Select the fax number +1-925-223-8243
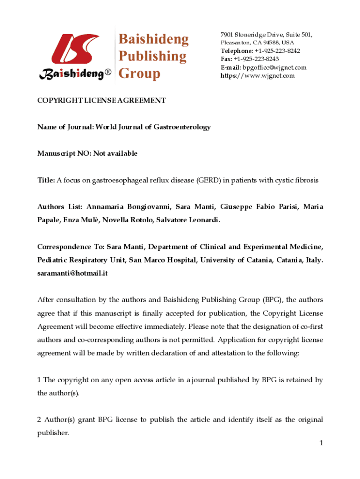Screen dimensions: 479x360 click(x=256, y=59)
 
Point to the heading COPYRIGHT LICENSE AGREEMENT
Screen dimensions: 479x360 click(x=101, y=101)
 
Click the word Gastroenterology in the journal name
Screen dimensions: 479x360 click(x=182, y=127)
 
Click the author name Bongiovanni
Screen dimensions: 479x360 click(x=144, y=207)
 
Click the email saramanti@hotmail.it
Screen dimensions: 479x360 click(x=72, y=273)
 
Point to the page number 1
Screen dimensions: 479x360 click(x=321, y=443)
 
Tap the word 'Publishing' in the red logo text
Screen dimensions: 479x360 click(x=152, y=56)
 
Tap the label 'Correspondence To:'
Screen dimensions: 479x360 click(x=71, y=247)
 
